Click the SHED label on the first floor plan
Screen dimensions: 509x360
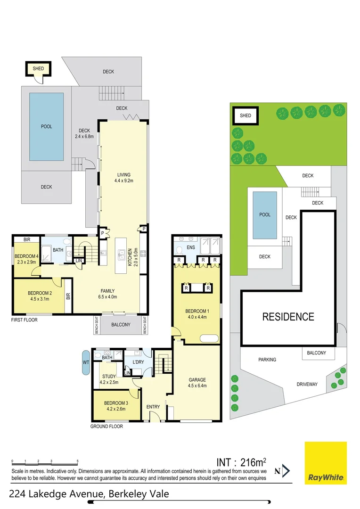click(x=38, y=69)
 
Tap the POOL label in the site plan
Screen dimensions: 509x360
click(x=265, y=214)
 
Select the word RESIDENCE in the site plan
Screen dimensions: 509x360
click(x=288, y=317)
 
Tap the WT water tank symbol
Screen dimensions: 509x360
click(x=86, y=362)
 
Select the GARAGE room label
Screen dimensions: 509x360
click(x=196, y=379)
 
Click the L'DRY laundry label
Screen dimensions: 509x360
click(x=138, y=362)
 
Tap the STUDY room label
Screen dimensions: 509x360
click(x=109, y=376)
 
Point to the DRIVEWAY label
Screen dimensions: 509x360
click(x=307, y=384)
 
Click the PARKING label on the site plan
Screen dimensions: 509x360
click(x=267, y=360)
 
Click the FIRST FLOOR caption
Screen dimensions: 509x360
click(x=25, y=320)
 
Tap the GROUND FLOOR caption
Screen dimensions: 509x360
click(x=106, y=427)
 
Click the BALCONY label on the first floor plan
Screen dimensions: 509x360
click(x=121, y=325)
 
